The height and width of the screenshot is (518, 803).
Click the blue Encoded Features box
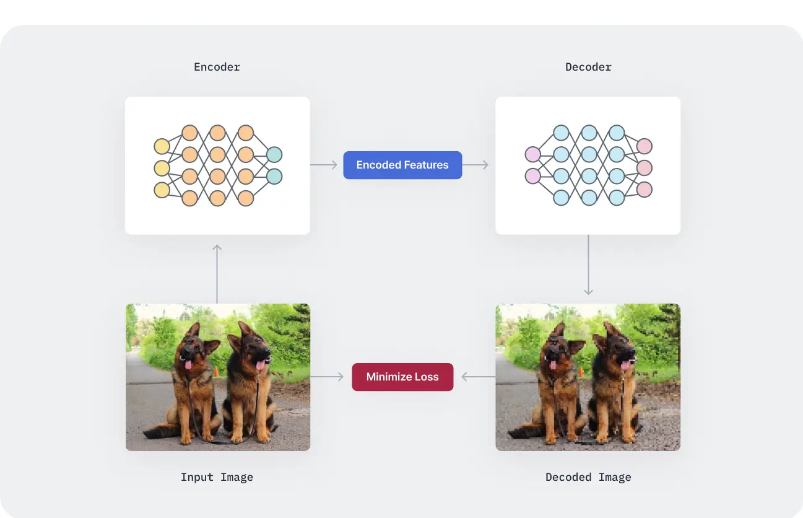pyautogui.click(x=402, y=165)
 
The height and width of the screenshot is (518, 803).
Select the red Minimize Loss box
pyautogui.click(x=402, y=377)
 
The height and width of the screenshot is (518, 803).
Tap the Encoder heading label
pyautogui.click(x=217, y=67)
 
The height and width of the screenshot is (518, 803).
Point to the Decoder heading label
pyautogui.click(x=588, y=67)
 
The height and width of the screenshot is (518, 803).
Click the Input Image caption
pyautogui.click(x=217, y=477)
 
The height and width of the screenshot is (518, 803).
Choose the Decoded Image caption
pyautogui.click(x=588, y=477)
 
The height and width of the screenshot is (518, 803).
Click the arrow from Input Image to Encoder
pyautogui.click(x=217, y=273)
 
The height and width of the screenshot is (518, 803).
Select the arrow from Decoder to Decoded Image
pyautogui.click(x=588, y=265)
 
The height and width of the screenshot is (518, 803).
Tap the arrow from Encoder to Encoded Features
pyautogui.click(x=324, y=165)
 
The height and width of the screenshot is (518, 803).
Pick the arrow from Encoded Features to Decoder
pyautogui.click(x=475, y=165)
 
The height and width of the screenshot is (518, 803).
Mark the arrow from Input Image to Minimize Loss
pyautogui.click(x=327, y=377)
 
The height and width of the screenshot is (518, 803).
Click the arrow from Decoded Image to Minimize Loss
pyautogui.click(x=477, y=377)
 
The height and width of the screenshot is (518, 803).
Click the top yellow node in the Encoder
pyautogui.click(x=162, y=146)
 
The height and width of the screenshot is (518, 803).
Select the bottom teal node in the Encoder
pyautogui.click(x=274, y=177)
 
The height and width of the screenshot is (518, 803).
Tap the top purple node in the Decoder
pyautogui.click(x=532, y=154)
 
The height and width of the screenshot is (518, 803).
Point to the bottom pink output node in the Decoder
pyautogui.click(x=645, y=189)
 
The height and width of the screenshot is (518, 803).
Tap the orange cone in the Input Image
pyautogui.click(x=216, y=372)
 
